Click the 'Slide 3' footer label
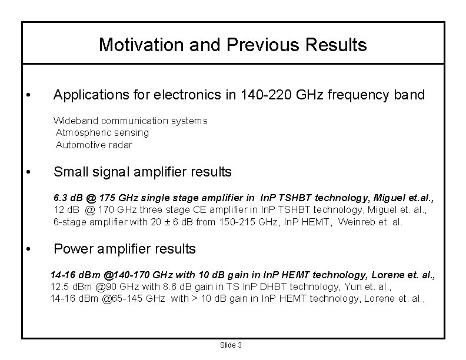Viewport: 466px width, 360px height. click(x=231, y=345)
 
